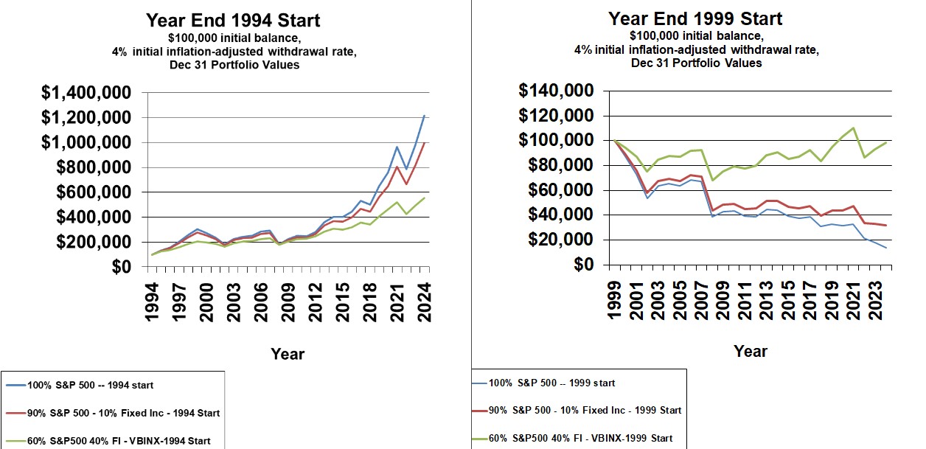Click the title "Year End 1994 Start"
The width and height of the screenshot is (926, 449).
(x=234, y=20)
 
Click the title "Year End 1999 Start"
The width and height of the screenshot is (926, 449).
(x=695, y=18)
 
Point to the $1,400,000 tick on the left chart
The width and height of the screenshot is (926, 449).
(x=86, y=93)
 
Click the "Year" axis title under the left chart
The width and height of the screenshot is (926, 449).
(x=288, y=354)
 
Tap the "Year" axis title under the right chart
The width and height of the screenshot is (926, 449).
(x=750, y=351)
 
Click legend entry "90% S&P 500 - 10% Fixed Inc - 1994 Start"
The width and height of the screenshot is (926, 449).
(x=123, y=413)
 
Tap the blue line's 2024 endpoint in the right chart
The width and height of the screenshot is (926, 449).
(x=885, y=248)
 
